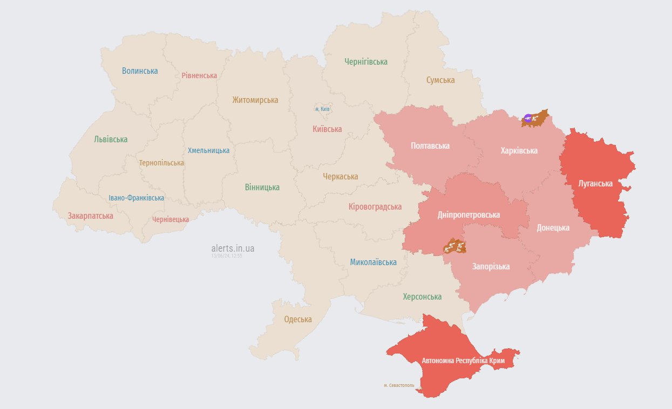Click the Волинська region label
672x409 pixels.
140,71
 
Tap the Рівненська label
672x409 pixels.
199,75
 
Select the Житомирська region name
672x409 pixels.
255,100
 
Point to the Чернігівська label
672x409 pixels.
366,61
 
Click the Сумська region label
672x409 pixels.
440,80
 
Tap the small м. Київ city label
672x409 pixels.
322,109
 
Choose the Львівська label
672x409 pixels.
111,139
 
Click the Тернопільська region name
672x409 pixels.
161,163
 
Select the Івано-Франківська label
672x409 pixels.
136,198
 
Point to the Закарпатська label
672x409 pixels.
91,216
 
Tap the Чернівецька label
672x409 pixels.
171,219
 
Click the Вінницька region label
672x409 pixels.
262,187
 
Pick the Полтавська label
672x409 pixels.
430,145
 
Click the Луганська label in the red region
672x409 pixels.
595,183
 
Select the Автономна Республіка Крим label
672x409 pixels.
463,360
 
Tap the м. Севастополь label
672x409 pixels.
399,385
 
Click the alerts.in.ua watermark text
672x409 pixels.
233,248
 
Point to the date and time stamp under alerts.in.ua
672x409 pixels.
227,256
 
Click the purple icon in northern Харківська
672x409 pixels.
528,118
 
